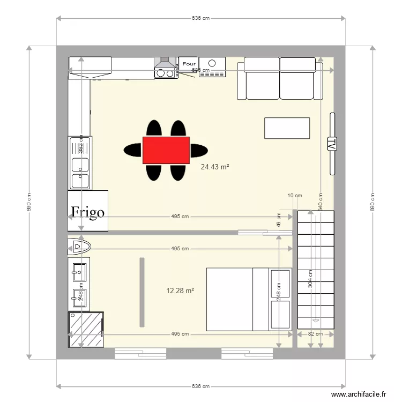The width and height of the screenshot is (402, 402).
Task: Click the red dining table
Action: (166, 150)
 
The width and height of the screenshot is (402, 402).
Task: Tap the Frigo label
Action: (87, 212)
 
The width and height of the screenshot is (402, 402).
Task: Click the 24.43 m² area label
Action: (214, 167)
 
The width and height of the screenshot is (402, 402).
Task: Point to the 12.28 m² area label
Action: (180, 291)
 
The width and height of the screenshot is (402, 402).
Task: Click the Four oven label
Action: (189, 64)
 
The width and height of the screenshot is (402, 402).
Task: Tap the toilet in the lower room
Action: (79, 247)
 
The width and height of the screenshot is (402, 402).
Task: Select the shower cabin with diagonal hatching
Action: (86, 329)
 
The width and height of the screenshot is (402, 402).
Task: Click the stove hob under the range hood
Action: (166, 73)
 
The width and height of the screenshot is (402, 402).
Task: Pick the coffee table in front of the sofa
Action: (287, 128)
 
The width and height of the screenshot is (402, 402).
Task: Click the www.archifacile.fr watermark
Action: (359, 394)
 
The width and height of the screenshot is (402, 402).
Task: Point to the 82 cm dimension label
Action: (316, 334)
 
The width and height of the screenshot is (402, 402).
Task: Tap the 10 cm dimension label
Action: (295, 196)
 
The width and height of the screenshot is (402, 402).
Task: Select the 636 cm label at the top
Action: (200, 18)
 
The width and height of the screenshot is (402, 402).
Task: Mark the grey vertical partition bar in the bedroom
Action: (142, 292)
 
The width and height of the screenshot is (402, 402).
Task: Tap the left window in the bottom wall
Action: (140, 353)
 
